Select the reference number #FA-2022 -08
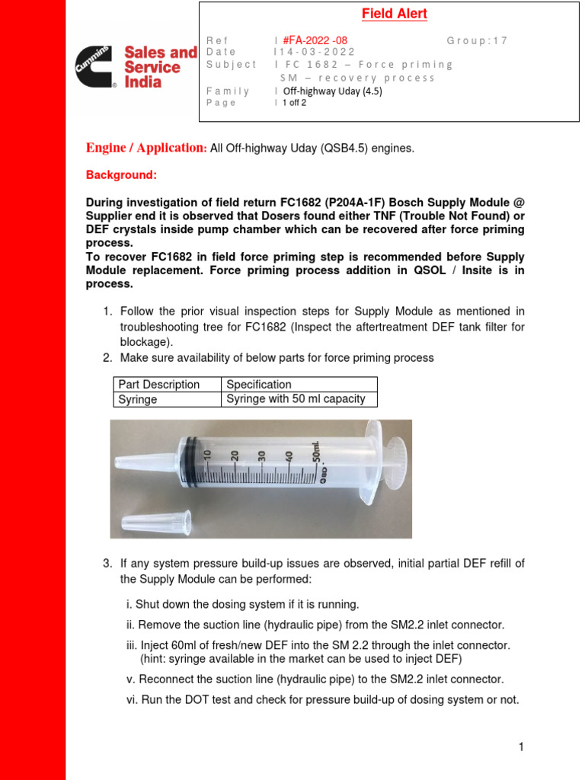click(312, 40)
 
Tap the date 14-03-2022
click(315, 52)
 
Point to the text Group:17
click(477, 40)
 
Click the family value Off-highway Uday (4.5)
click(332, 91)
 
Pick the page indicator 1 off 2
click(294, 103)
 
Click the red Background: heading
click(121, 175)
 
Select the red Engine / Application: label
click(146, 148)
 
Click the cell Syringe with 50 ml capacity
click(296, 399)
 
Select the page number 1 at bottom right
click(521, 747)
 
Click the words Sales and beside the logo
click(160, 53)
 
